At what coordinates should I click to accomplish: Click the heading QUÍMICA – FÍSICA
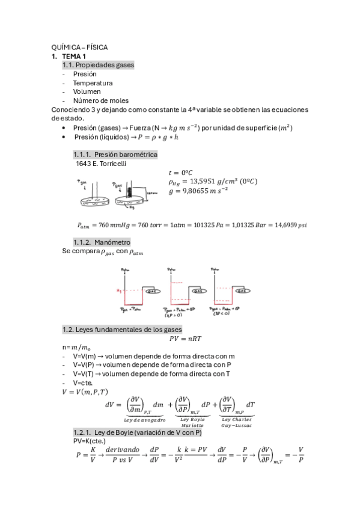(80, 47)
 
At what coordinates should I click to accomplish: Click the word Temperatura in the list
(93, 83)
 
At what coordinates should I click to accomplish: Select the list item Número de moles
(101, 101)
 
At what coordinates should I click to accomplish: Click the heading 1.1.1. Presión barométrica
(115, 155)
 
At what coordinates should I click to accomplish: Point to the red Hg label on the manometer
(118, 291)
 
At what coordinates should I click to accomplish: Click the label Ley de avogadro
(145, 419)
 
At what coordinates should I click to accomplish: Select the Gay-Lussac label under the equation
(237, 425)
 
